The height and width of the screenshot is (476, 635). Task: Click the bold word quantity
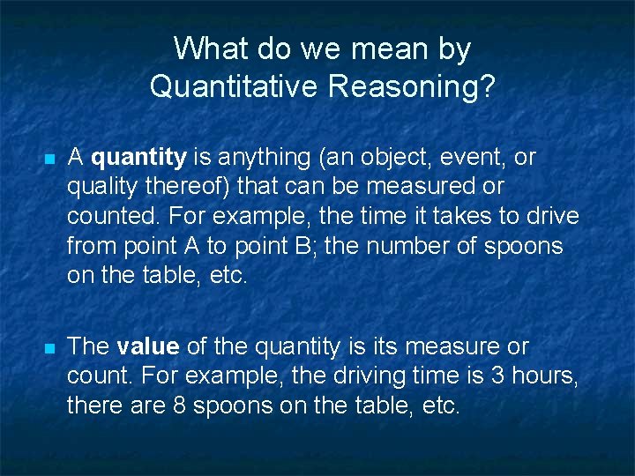(138, 158)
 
